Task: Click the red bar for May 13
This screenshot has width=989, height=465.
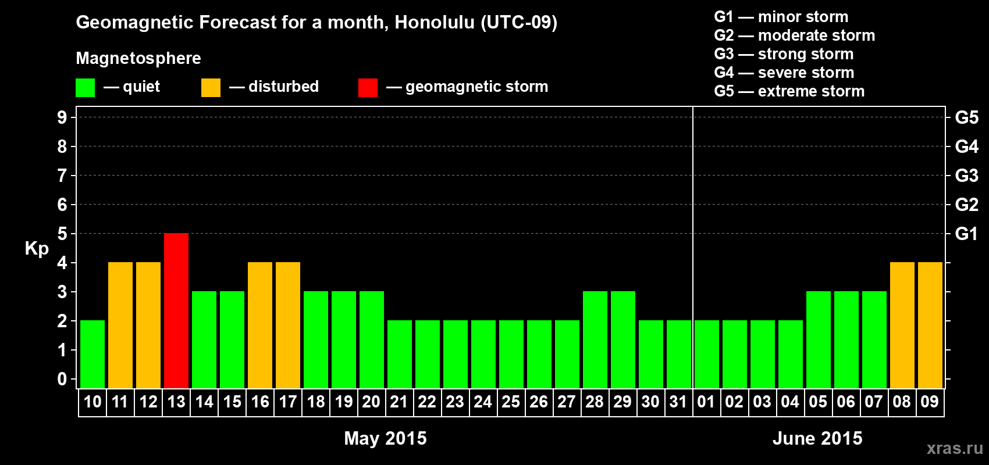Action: (176, 310)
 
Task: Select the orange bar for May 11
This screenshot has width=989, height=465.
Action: (120, 325)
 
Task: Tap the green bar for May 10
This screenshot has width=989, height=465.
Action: (93, 354)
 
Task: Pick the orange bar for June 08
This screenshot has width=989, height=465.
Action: (902, 325)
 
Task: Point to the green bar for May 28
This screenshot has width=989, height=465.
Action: (595, 339)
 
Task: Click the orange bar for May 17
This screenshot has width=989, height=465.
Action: (288, 325)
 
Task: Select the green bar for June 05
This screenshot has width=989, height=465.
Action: (819, 339)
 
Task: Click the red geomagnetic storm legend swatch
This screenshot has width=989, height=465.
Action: (368, 87)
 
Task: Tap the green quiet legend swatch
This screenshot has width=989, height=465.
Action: (85, 87)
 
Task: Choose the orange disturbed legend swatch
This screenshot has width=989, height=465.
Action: (211, 87)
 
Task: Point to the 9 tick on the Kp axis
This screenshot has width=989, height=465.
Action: (62, 117)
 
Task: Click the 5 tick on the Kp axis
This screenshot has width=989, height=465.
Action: (62, 234)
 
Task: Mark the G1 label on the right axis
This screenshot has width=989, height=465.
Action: (966, 234)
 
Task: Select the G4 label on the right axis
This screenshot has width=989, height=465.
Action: (966, 146)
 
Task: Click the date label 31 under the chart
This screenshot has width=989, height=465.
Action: (678, 402)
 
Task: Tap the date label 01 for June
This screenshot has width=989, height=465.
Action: (706, 402)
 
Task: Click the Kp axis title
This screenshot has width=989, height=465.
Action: (37, 249)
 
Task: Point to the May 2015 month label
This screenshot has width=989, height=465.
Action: (386, 438)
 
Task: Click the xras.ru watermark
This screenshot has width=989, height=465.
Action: (955, 448)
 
